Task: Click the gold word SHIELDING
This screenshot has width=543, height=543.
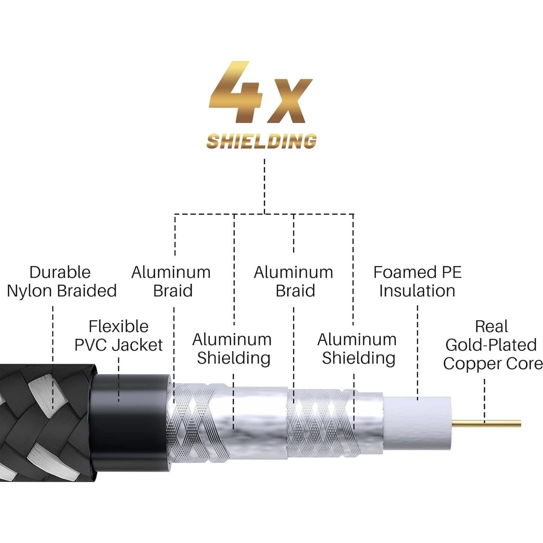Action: coord(261,141)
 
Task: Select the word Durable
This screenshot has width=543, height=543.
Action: coord(60,273)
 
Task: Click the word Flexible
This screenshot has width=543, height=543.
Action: coord(119,327)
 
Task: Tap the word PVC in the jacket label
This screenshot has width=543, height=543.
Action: coord(91,345)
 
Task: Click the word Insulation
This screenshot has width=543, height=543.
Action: coord(417,291)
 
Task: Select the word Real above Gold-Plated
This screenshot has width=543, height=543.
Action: coord(491,327)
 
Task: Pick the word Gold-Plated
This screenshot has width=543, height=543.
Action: coord(491,345)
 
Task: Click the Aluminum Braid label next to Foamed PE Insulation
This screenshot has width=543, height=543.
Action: coord(294,282)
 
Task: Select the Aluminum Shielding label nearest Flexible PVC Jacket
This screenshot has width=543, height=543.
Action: coord(232,349)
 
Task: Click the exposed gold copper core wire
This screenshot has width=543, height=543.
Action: coord(489,423)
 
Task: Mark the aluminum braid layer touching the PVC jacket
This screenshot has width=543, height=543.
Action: coord(189,422)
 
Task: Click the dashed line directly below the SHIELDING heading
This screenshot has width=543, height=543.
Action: coord(264,185)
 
